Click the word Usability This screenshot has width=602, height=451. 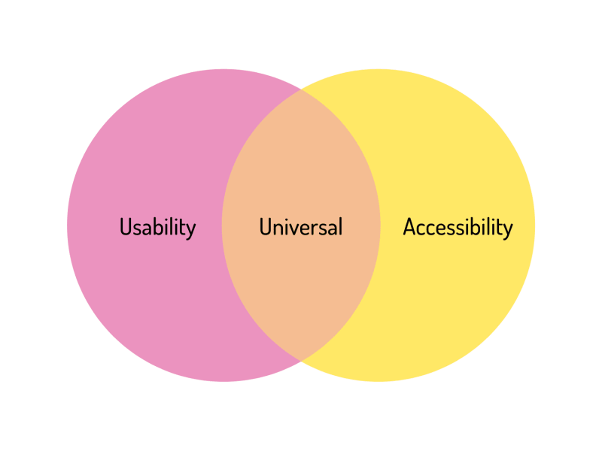click(157, 226)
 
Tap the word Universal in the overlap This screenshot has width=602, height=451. click(300, 226)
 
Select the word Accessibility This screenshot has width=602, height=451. click(458, 226)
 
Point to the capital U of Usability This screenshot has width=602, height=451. click(126, 226)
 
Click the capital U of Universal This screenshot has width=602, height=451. click(266, 226)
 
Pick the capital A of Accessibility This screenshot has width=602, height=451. click(410, 226)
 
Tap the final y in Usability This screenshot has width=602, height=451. click(191, 229)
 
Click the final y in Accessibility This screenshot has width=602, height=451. click(508, 229)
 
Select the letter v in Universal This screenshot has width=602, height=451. click(293, 228)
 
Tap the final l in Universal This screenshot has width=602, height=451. click(340, 225)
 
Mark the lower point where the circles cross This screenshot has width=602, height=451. click(301, 359)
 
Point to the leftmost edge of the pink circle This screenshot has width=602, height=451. click(68, 225)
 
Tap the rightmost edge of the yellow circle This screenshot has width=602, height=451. click(534, 225)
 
